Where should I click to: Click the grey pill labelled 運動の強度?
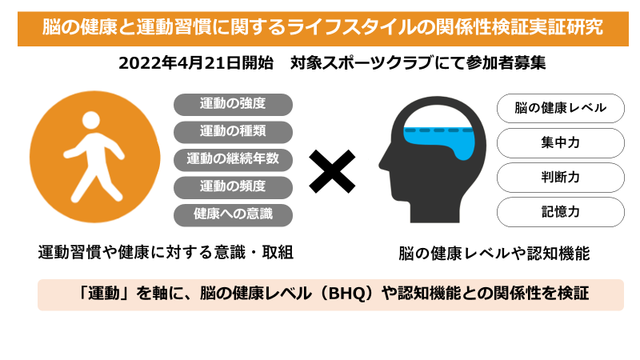[233, 104]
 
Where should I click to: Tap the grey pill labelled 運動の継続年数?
[233, 159]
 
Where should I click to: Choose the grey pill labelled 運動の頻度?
[233, 187]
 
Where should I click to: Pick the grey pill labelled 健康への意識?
[233, 214]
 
